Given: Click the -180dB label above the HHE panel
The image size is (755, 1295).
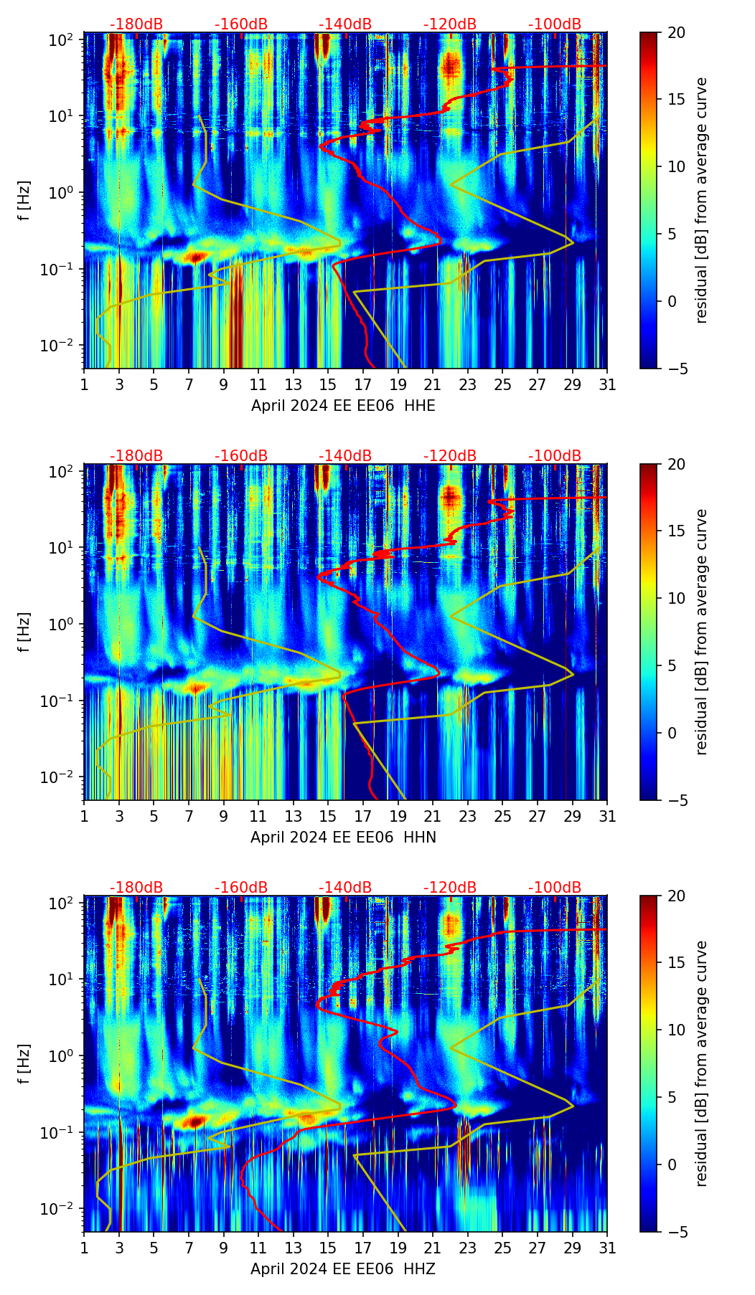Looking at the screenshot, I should coord(136,24).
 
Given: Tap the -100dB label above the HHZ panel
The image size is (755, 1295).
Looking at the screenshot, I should coord(555,888).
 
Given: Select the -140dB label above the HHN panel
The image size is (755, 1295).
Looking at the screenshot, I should coord(345,456).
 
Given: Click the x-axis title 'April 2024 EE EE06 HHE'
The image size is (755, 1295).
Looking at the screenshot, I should coord(343,406).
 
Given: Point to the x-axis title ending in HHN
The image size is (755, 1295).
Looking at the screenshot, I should coord(343,838).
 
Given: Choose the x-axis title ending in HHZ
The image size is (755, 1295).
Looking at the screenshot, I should coord(343,1269).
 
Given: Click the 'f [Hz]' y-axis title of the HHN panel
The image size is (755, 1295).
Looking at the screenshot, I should coord(24,632).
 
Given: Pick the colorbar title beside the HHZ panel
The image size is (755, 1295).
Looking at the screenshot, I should coord(702,1063).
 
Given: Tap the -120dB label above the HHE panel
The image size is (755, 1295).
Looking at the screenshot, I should coord(450,24).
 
